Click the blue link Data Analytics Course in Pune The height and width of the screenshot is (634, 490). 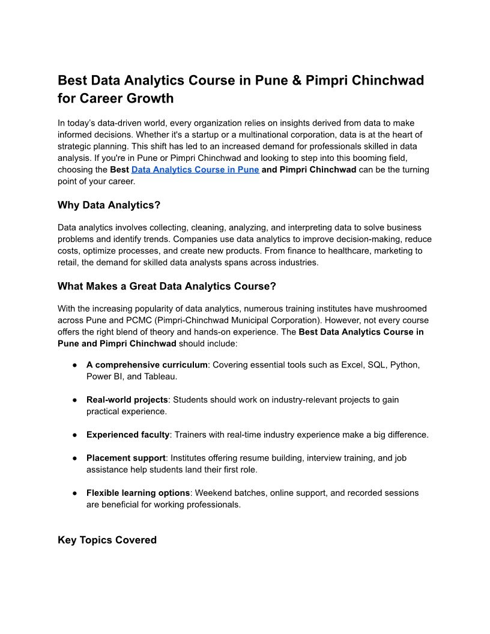[x=195, y=170]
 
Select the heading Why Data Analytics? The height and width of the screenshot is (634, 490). [x=109, y=205]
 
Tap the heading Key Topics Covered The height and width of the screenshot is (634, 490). [x=107, y=540]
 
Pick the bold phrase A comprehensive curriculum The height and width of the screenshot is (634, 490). [x=147, y=365]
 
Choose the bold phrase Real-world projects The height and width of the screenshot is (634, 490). [x=127, y=400]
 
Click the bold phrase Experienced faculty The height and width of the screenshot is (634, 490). [x=128, y=435]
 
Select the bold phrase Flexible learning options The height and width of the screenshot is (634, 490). [x=138, y=493]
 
